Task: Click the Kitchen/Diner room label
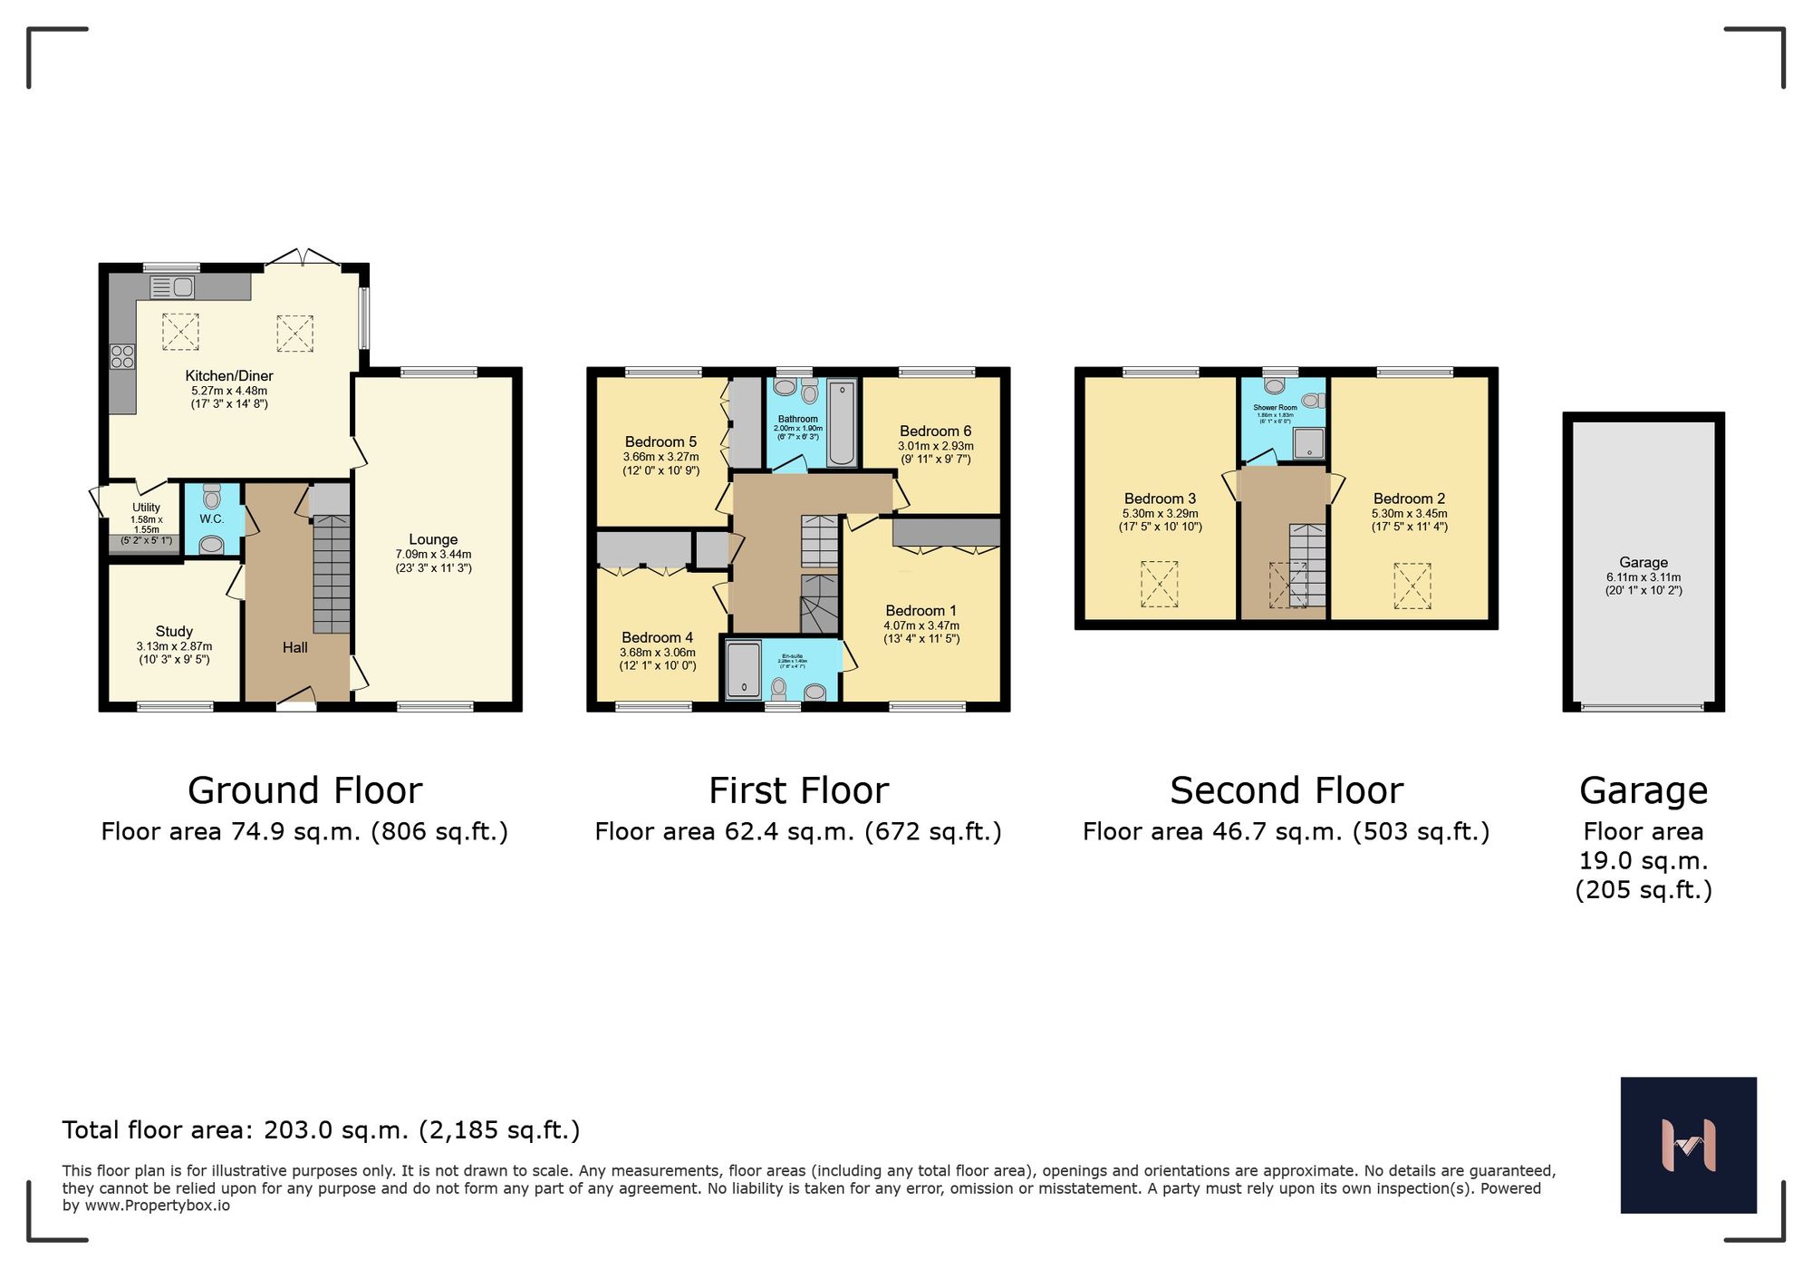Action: tap(229, 375)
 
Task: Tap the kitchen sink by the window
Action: tap(172, 287)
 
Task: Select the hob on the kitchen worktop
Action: tap(122, 357)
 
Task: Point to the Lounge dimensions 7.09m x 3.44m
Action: tap(433, 554)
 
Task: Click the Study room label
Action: tap(174, 631)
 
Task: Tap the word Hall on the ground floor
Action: tap(294, 647)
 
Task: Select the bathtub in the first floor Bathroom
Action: tap(842, 423)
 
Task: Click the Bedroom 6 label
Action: tap(935, 431)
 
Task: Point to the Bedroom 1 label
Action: tap(920, 610)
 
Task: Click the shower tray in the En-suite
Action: tap(744, 670)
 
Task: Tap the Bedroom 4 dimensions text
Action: tap(658, 659)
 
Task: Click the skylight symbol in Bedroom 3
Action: tap(1159, 584)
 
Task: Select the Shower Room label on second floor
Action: tap(1275, 408)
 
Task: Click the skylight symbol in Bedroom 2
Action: tap(1412, 586)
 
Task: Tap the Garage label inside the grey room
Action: tap(1643, 562)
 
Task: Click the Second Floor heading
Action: tap(1286, 790)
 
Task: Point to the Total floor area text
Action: tap(321, 1130)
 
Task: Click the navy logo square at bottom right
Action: tap(1688, 1145)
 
